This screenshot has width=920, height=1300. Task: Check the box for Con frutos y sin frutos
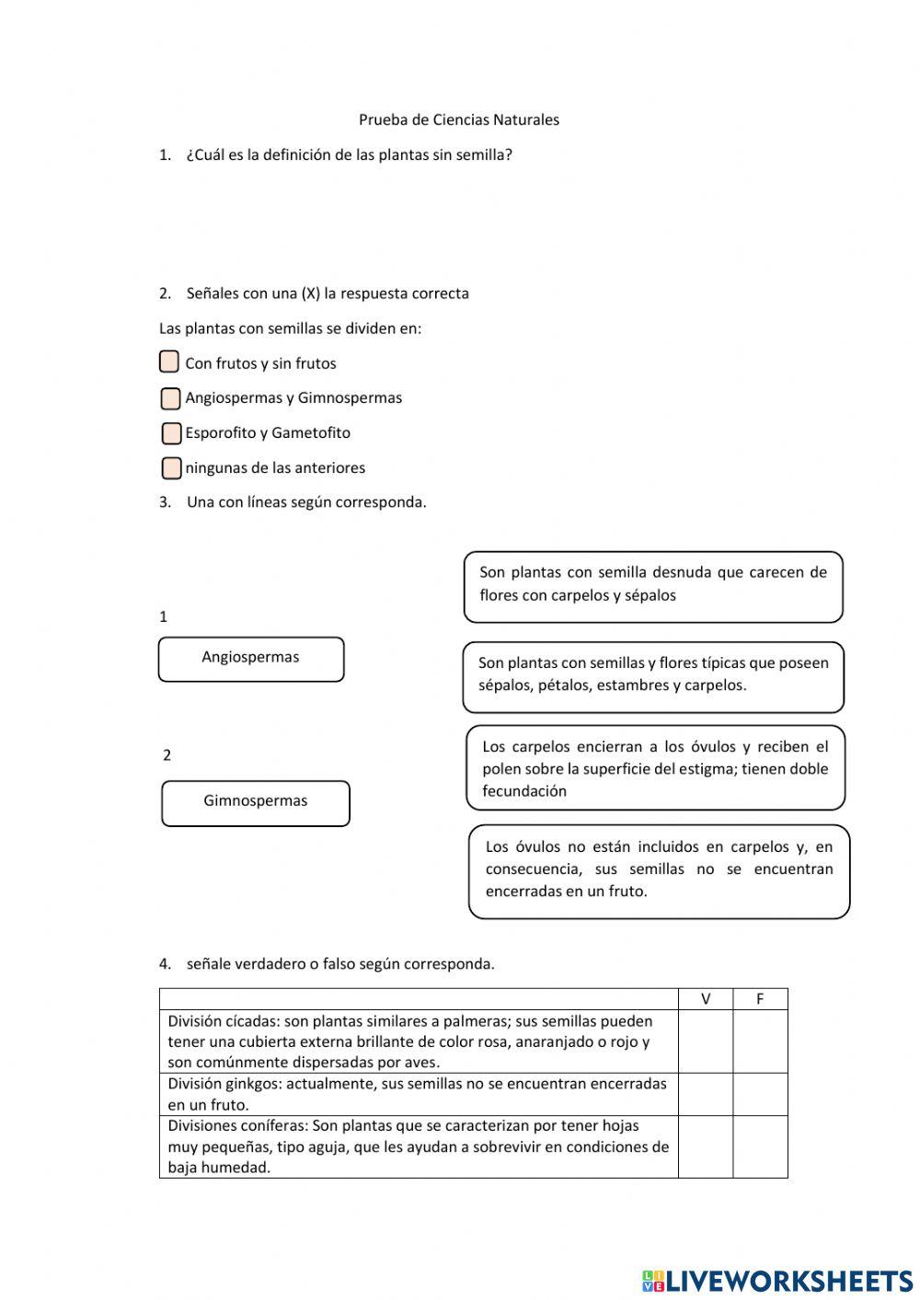pyautogui.click(x=169, y=362)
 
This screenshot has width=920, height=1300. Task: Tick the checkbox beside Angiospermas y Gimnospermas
pyautogui.click(x=170, y=398)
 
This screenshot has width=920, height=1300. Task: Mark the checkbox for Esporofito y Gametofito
pyautogui.click(x=171, y=433)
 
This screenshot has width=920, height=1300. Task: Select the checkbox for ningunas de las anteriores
pyautogui.click(x=171, y=468)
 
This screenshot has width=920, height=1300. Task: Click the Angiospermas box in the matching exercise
pyautogui.click(x=251, y=659)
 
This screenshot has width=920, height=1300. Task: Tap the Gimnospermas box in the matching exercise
pyautogui.click(x=256, y=803)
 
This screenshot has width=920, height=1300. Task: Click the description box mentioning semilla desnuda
pyautogui.click(x=653, y=586)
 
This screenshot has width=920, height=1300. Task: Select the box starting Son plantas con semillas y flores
pyautogui.click(x=653, y=676)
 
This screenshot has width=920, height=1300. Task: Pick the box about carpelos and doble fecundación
pyautogui.click(x=655, y=768)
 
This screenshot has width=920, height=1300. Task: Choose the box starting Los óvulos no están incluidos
pyautogui.click(x=659, y=870)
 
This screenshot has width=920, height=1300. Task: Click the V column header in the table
pyautogui.click(x=706, y=999)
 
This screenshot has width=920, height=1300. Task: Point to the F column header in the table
pyautogui.click(x=760, y=999)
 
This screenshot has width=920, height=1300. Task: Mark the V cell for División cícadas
pyautogui.click(x=706, y=1041)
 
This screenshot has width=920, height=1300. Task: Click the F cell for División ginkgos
pyautogui.click(x=760, y=1094)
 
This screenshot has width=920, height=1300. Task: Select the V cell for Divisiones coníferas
pyautogui.click(x=706, y=1146)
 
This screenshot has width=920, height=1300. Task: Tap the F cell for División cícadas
pyautogui.click(x=760, y=1041)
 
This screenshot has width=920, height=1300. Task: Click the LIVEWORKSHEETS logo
pyautogui.click(x=776, y=1280)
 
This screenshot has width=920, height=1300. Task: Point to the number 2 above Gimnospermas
pyautogui.click(x=167, y=755)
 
